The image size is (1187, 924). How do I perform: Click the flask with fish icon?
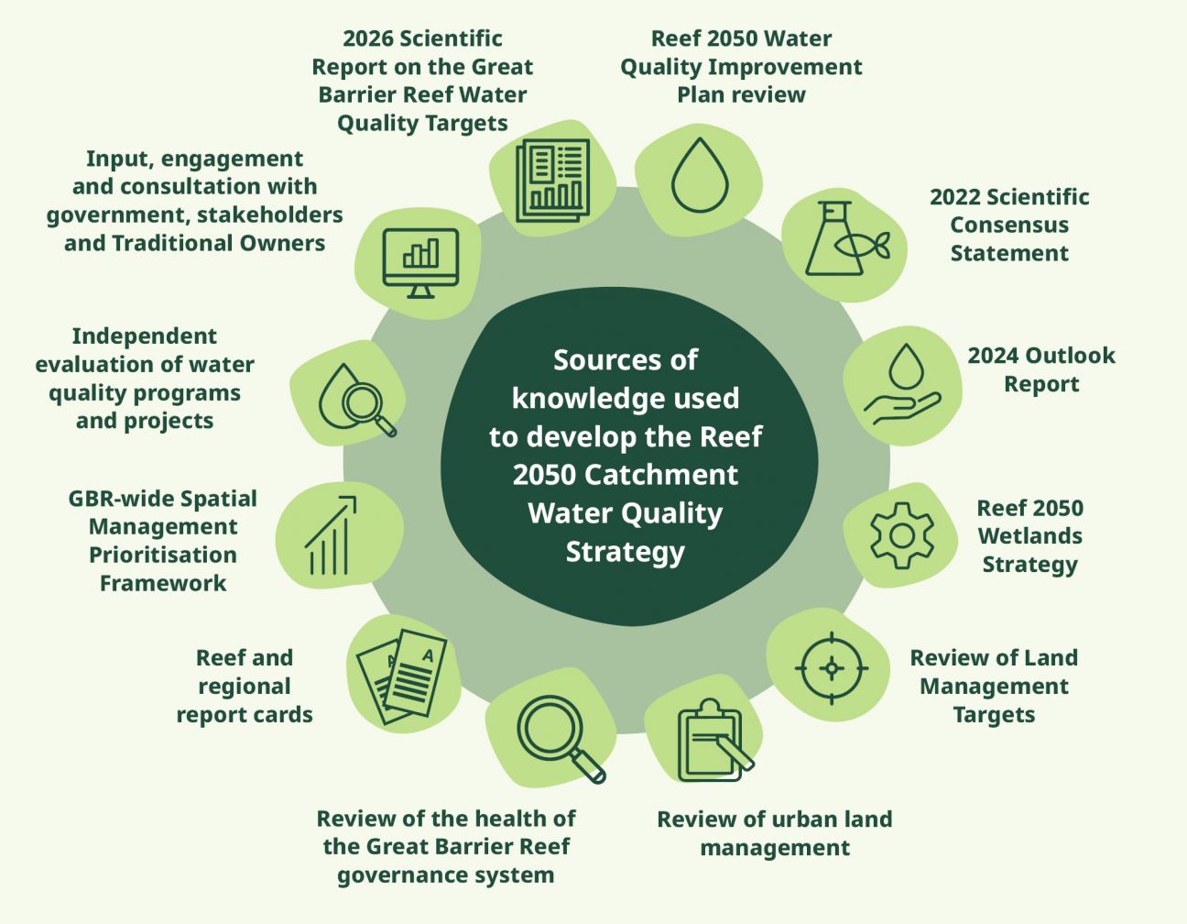(846, 239)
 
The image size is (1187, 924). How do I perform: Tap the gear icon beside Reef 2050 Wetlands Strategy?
(902, 536)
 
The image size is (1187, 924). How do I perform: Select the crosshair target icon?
(832, 668)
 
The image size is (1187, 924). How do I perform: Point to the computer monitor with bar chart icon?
(420, 263)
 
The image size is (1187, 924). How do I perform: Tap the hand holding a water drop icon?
(902, 384)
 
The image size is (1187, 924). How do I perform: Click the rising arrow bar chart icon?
(331, 535)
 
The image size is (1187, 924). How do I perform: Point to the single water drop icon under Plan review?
(700, 174)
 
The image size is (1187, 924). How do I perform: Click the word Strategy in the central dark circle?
(625, 552)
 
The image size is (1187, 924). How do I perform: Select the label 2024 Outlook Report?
(1041, 369)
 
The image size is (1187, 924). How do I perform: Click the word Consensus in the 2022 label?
(1009, 225)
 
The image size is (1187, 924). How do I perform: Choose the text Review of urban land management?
(775, 833)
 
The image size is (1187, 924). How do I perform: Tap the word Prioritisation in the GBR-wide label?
(163, 555)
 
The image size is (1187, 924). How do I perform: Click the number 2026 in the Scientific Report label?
(368, 38)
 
